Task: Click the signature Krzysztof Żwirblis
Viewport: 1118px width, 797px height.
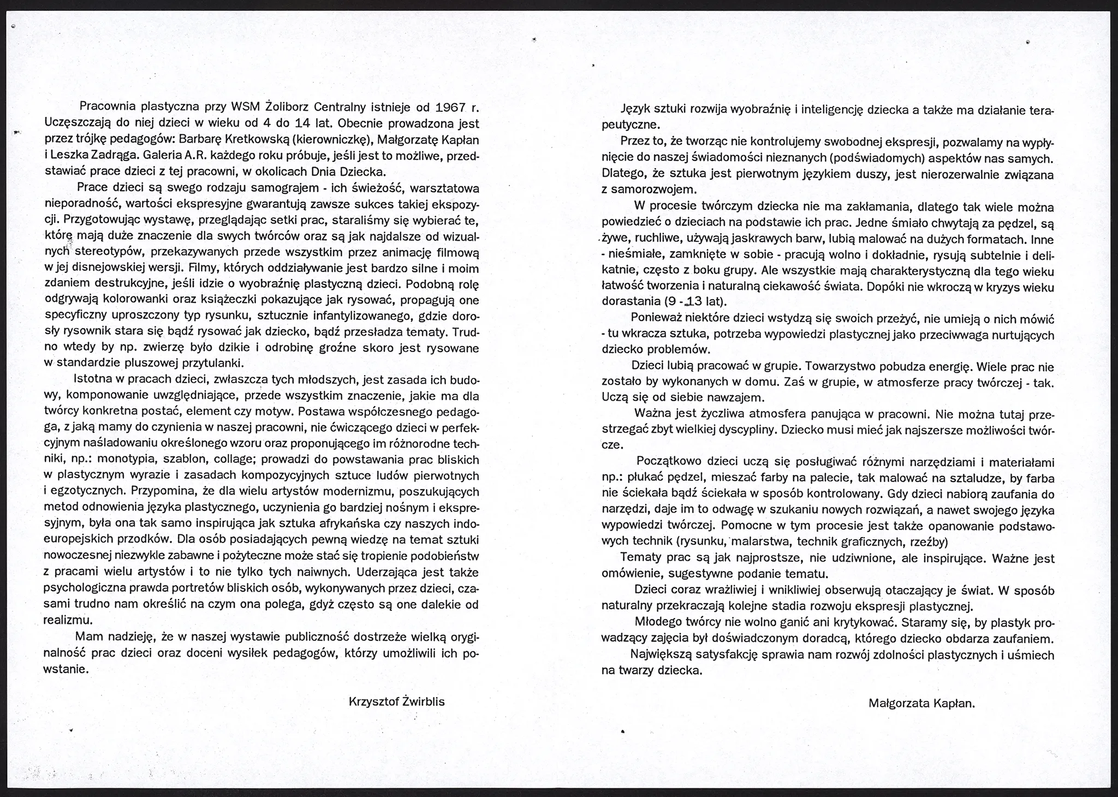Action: pyautogui.click(x=397, y=702)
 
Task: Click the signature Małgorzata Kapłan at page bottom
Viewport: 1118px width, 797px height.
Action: pyautogui.click(x=921, y=704)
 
